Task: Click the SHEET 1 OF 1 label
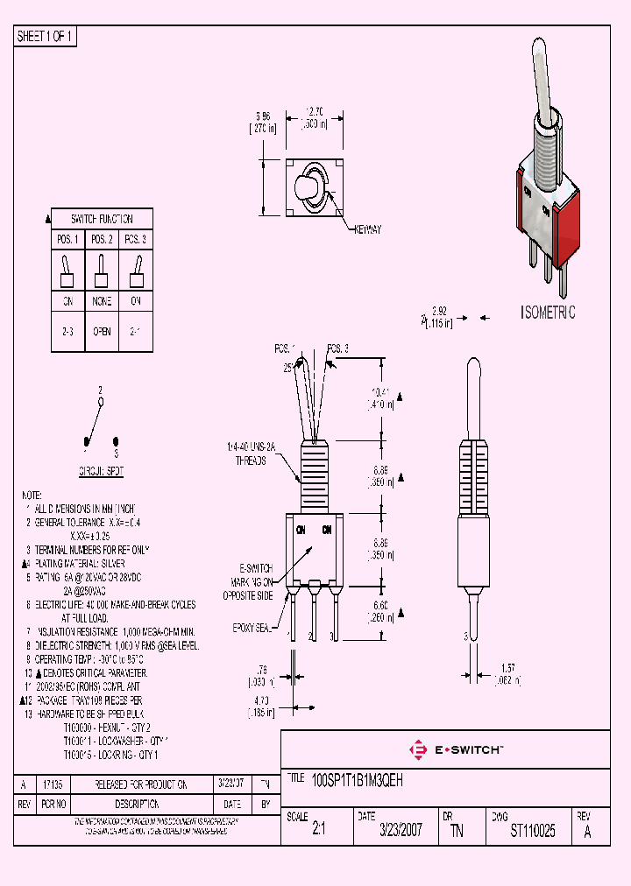point(46,37)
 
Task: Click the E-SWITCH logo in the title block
point(457,749)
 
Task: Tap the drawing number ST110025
point(533,831)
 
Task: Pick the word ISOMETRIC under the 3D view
point(548,313)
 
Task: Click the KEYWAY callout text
point(368,229)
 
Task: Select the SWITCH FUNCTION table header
point(102,219)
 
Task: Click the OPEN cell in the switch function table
point(102,334)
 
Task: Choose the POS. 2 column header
point(102,239)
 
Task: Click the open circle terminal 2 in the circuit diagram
point(101,403)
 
